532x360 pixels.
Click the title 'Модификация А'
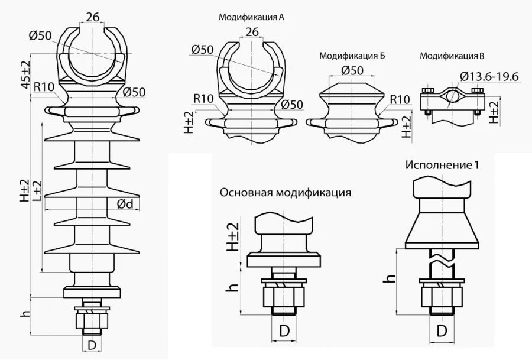click(x=251, y=18)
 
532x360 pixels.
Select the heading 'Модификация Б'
click(x=352, y=56)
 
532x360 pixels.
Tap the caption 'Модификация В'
click(x=452, y=56)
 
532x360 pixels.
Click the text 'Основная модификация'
click(x=286, y=193)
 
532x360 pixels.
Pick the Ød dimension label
click(x=125, y=204)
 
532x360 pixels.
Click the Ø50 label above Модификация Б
click(x=352, y=70)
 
